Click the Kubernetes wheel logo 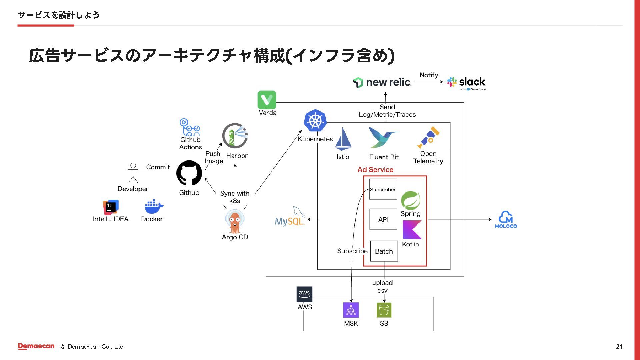tap(315, 121)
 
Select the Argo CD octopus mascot tap(235, 222)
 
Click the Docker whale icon tap(154, 207)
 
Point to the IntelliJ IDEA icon tap(111, 207)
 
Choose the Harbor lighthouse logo tap(235, 136)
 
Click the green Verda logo tap(267, 100)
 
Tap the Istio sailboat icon tap(343, 139)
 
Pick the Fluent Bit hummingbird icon tap(383, 137)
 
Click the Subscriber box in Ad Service tap(383, 189)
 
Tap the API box tap(383, 219)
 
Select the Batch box tap(384, 251)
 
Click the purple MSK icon tap(351, 310)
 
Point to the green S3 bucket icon tap(384, 310)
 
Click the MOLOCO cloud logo tap(506, 220)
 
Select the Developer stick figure tap(133, 173)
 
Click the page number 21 tap(619, 346)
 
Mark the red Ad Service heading tap(375, 170)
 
